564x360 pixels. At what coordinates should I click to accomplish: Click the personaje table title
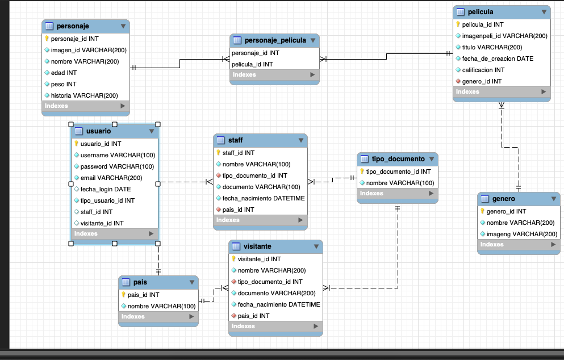[73, 26]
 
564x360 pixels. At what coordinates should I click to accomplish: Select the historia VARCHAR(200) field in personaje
[84, 95]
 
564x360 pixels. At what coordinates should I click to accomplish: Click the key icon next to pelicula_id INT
[458, 24]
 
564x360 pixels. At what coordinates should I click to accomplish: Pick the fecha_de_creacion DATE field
[498, 58]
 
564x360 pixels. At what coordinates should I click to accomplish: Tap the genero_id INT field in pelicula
[482, 81]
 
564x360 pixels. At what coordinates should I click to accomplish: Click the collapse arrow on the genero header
[554, 199]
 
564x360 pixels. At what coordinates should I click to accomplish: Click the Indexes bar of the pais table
[158, 316]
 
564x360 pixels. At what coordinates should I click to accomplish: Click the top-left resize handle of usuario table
[71, 124]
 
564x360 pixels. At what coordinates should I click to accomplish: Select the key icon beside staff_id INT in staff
[218, 153]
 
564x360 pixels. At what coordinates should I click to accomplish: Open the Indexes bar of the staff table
[260, 220]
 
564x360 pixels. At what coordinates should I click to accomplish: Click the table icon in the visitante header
[236, 246]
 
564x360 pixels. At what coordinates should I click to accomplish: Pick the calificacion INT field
[483, 70]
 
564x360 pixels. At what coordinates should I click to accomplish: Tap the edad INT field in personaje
[64, 73]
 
